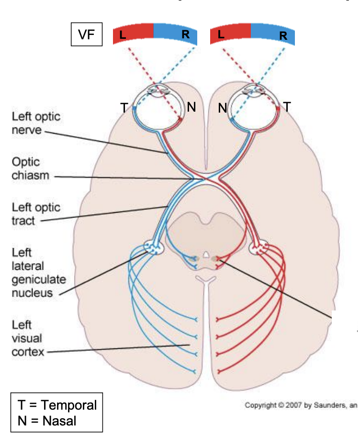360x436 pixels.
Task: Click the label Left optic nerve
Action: coord(36,123)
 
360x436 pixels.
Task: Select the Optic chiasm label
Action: coord(31,169)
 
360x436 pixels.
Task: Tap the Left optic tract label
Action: coord(36,214)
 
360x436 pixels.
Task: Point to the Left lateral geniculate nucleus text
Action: coord(39,272)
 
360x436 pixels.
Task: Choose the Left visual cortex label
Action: coord(28,338)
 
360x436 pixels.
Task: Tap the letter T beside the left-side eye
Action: coord(124,108)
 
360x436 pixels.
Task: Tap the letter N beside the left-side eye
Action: coord(191,108)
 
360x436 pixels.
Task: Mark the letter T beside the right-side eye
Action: coord(287,107)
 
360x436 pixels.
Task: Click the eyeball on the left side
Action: coord(158,105)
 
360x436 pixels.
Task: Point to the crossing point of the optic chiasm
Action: coord(205,178)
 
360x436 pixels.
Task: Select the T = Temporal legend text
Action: coord(57,405)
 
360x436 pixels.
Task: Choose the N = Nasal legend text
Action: coord(47,421)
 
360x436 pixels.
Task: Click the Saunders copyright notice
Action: coord(301,405)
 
